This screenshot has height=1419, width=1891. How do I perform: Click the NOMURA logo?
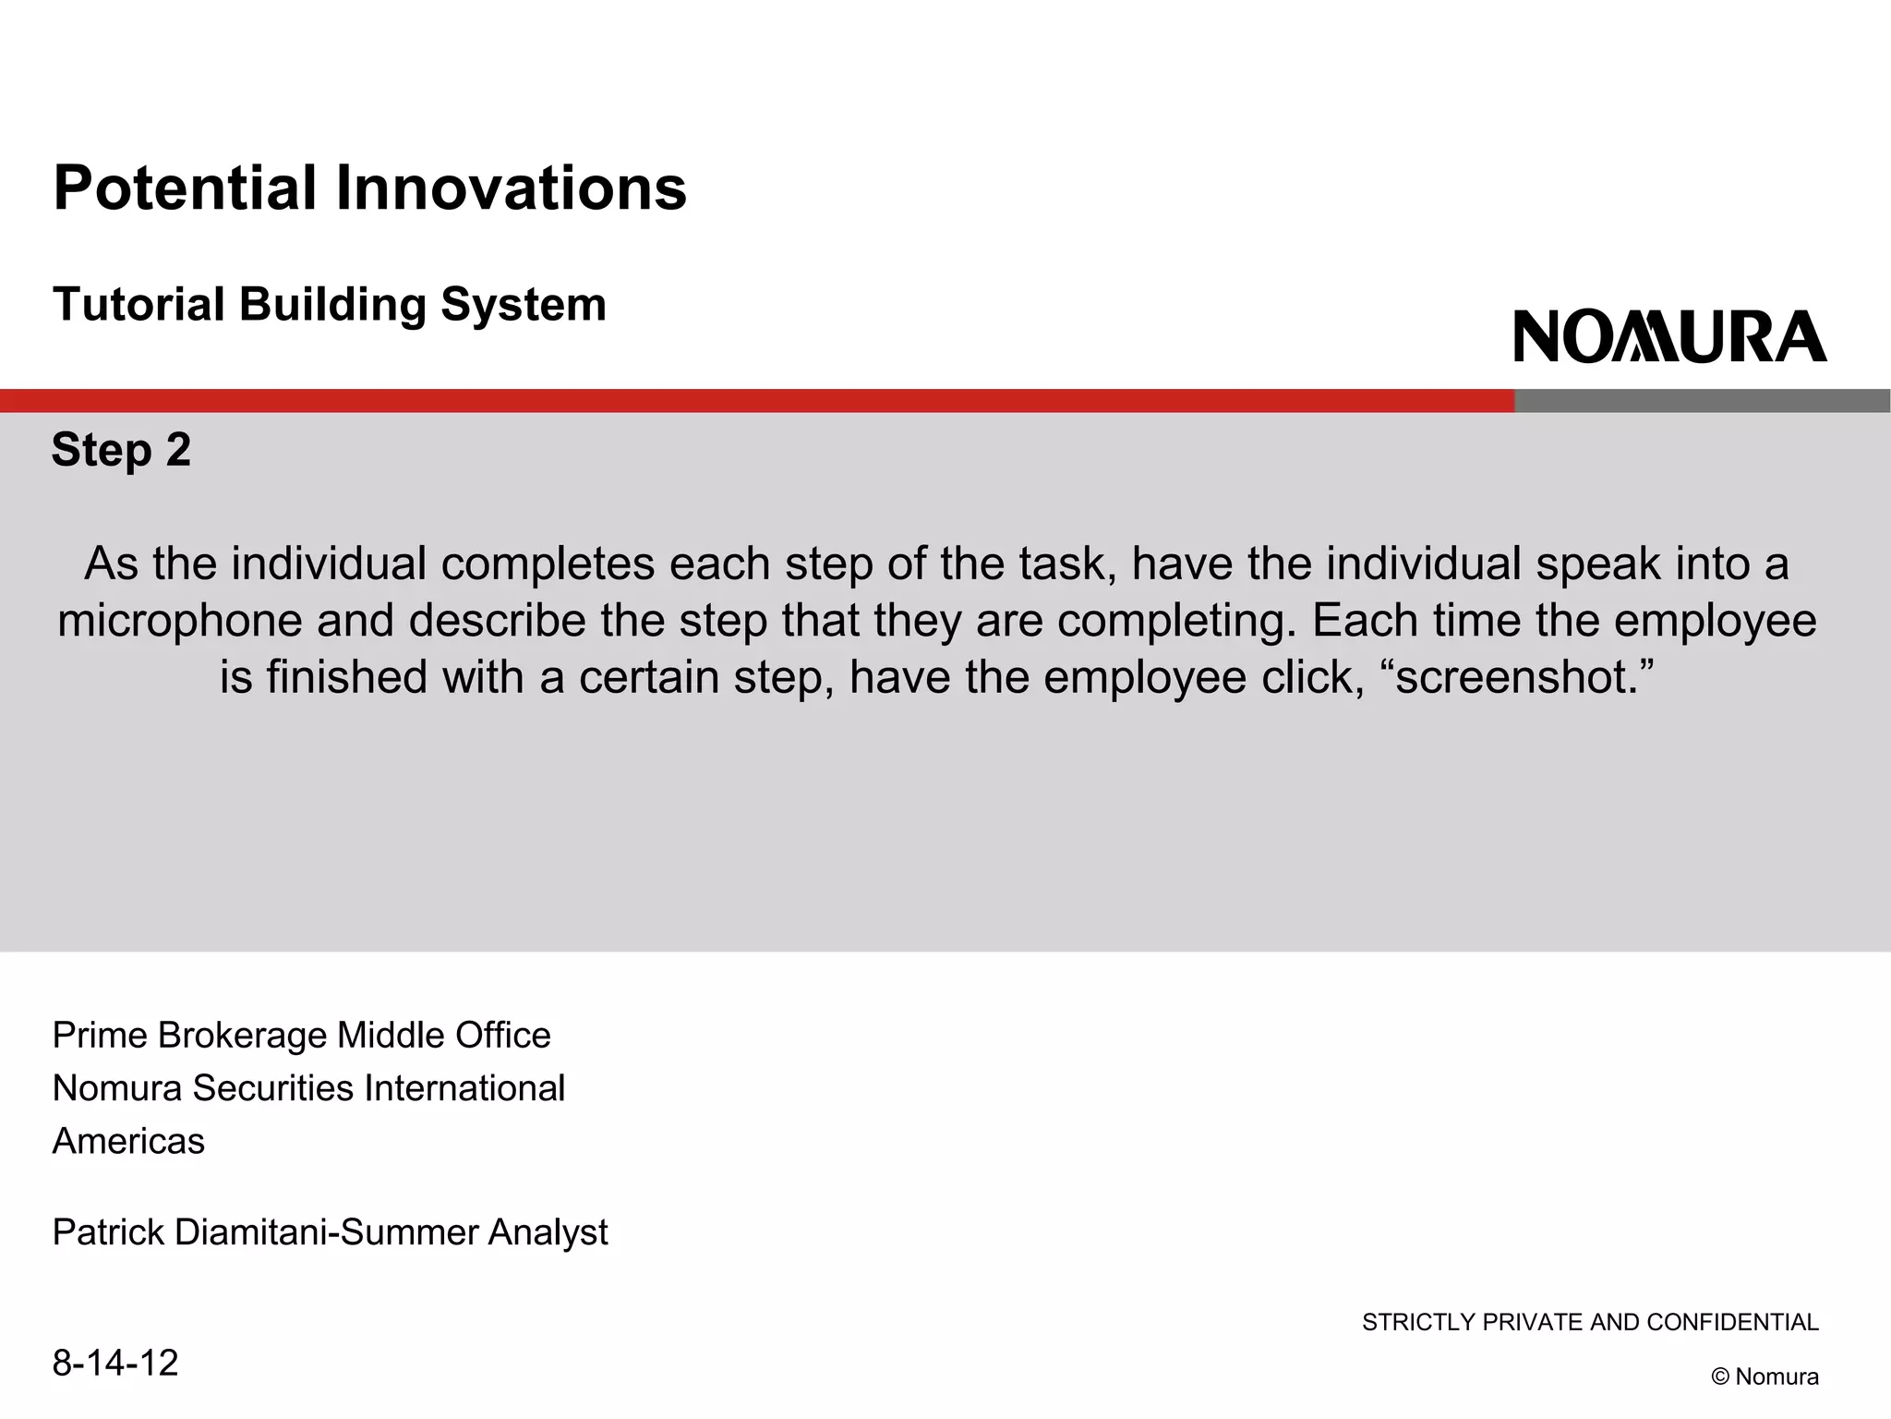click(x=1669, y=336)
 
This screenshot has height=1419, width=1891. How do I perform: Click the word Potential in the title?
click(x=185, y=188)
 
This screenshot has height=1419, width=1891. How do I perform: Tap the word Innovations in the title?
click(x=511, y=188)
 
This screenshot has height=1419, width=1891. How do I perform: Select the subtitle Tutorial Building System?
click(x=330, y=305)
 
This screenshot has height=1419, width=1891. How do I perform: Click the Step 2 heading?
click(x=121, y=450)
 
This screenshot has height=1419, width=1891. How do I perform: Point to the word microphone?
click(x=180, y=621)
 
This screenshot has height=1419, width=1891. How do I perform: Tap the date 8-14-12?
click(x=115, y=1363)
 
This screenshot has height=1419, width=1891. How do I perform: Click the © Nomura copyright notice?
click(x=1765, y=1377)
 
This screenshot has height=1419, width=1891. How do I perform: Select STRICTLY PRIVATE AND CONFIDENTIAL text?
click(x=1590, y=1322)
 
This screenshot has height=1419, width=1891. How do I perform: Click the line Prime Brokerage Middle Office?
click(x=301, y=1036)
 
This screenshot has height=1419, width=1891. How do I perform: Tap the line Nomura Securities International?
click(x=308, y=1088)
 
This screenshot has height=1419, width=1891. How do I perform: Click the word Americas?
click(x=128, y=1142)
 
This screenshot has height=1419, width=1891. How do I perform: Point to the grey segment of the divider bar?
click(x=1702, y=401)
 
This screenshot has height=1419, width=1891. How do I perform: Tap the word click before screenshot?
click(x=1311, y=677)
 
